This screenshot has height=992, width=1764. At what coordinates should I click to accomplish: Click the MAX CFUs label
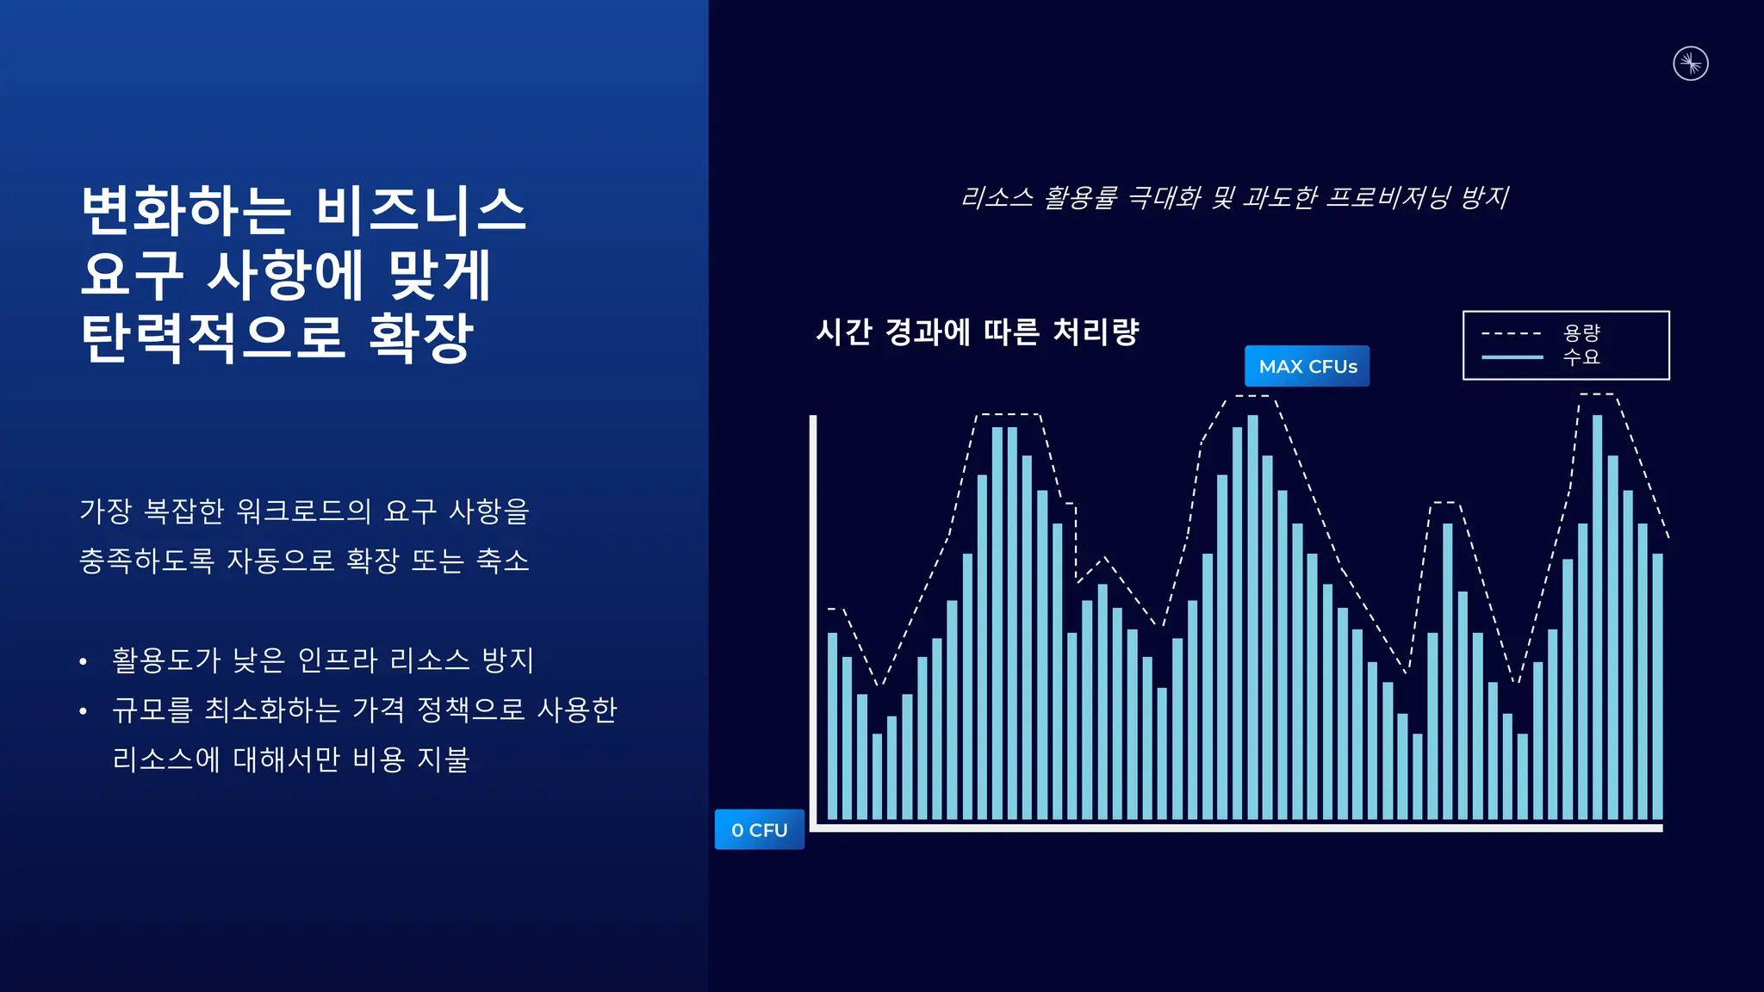point(1307,366)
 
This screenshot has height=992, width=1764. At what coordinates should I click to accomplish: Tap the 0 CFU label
point(759,829)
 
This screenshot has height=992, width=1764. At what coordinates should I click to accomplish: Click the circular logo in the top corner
point(1690,64)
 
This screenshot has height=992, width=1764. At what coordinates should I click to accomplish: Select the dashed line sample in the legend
point(1511,333)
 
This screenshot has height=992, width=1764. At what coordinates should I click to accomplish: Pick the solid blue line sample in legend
point(1511,356)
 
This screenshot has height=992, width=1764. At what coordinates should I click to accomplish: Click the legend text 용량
point(1581,332)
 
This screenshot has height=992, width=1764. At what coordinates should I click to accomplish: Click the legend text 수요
point(1581,356)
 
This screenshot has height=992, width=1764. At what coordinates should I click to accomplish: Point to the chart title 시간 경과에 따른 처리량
point(978,332)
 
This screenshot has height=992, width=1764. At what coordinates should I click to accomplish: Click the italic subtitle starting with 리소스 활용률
point(1234,198)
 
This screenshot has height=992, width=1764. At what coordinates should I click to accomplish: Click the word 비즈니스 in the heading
point(420,211)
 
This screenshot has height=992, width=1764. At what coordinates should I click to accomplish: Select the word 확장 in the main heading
point(421,338)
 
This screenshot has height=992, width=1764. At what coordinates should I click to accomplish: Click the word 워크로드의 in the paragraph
point(303,511)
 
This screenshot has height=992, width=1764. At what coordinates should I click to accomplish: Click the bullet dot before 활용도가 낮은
point(83,662)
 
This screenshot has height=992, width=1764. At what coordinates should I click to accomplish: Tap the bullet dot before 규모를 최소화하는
point(83,711)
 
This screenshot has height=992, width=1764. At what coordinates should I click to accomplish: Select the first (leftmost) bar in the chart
point(832,725)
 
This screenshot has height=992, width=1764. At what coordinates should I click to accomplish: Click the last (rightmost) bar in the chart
point(1657,685)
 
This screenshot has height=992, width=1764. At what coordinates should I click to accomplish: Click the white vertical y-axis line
point(812,620)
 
